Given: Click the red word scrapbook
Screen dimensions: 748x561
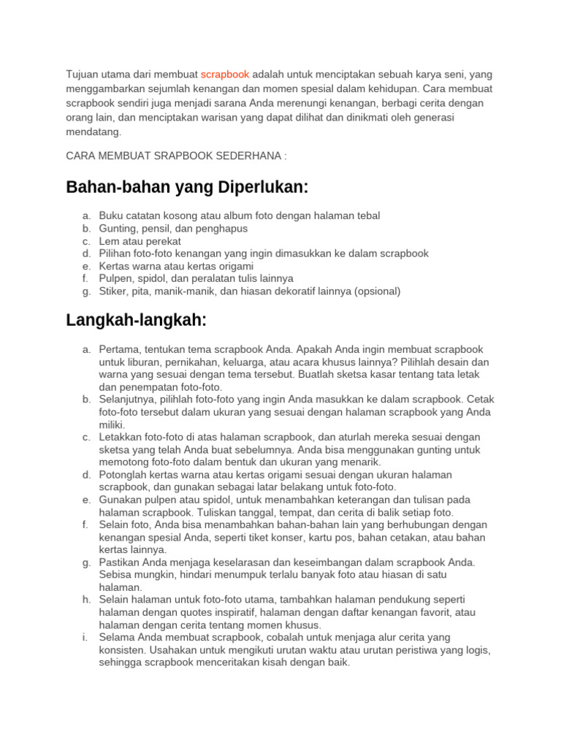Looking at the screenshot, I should click(225, 75).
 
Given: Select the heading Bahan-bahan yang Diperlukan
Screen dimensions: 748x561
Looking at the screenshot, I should click(187, 188).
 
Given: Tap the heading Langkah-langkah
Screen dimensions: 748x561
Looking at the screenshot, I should click(137, 320).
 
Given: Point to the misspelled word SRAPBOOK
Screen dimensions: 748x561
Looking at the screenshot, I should click(196, 156).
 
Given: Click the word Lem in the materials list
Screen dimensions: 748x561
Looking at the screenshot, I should click(108, 241).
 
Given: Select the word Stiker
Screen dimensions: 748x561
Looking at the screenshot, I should click(114, 291).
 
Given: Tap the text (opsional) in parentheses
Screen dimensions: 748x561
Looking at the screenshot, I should click(378, 291).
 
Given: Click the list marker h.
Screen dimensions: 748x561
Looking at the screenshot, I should click(86, 600).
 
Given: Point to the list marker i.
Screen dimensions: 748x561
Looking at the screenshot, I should click(86, 638).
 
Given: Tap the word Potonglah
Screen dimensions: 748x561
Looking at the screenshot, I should click(123, 475).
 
